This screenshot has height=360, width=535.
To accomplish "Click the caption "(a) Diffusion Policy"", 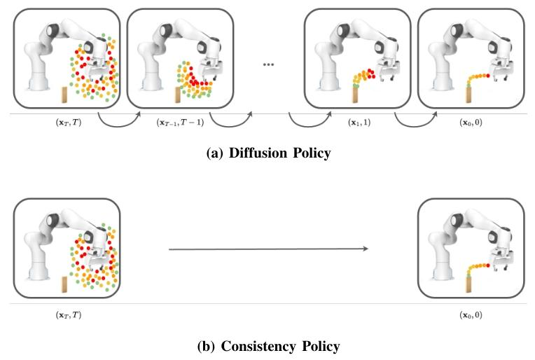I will [x=267, y=153].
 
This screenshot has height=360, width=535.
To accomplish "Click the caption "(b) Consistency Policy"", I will [x=267, y=346].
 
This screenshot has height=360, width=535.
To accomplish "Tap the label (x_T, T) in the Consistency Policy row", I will [x=69, y=314].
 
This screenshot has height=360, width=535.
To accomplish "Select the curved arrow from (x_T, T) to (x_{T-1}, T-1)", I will [x=119, y=123].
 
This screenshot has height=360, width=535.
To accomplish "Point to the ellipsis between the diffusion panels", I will [x=268, y=64].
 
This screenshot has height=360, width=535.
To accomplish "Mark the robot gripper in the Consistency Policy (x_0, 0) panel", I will [x=503, y=265].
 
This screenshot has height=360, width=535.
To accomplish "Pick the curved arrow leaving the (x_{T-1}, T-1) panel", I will [x=229, y=123].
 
